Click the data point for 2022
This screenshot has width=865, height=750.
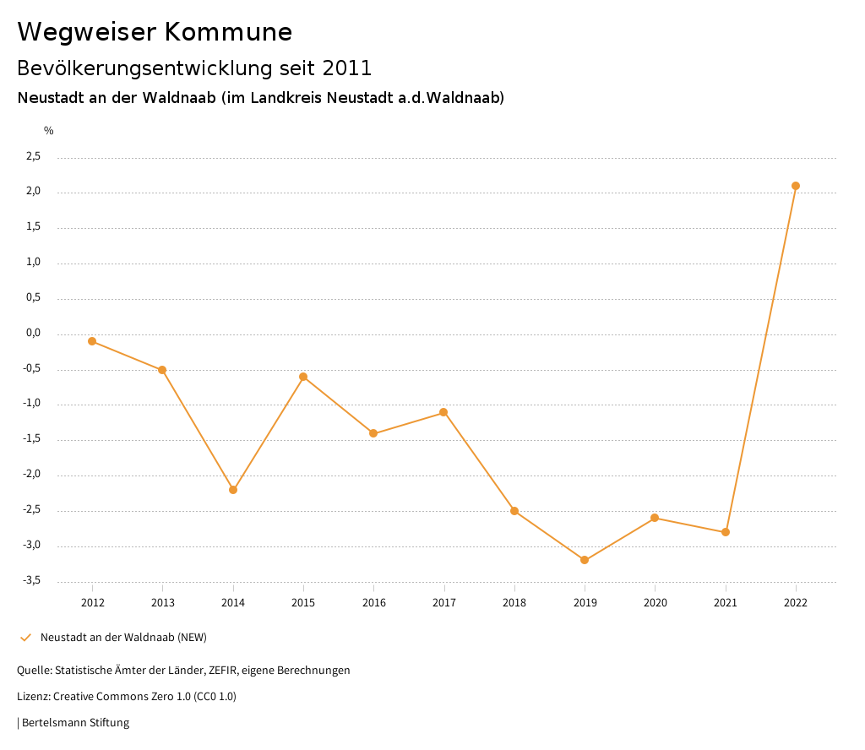tap(796, 186)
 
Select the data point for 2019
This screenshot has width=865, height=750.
tap(585, 560)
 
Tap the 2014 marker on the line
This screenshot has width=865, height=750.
tap(233, 490)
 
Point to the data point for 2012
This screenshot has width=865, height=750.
tap(92, 341)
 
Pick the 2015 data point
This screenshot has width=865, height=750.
tap(303, 377)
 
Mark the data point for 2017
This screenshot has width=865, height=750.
tap(443, 412)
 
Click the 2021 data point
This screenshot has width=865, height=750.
tap(726, 532)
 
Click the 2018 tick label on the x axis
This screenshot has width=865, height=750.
tap(514, 603)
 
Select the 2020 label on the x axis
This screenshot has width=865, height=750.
tap(655, 603)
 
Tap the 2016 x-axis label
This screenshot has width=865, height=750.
tap(373, 603)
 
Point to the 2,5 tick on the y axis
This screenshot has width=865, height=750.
tap(33, 156)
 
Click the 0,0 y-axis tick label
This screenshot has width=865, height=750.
tap(33, 333)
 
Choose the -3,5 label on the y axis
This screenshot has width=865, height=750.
tap(31, 580)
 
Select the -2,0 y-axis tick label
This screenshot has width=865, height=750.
tap(31, 475)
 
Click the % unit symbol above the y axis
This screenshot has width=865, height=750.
tap(49, 131)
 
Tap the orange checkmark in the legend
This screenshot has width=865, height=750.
tap(25, 638)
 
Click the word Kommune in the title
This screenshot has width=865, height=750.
tap(228, 32)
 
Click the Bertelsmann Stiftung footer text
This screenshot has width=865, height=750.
tap(75, 723)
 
